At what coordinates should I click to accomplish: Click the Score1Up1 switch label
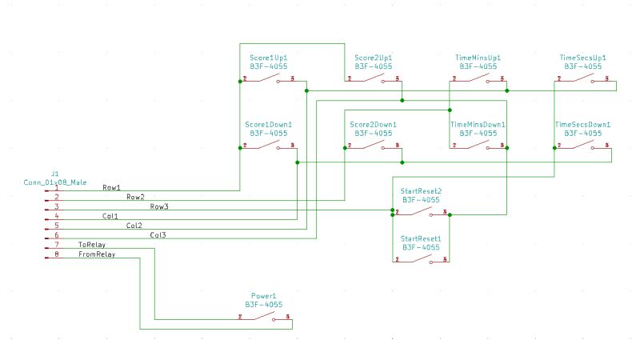[268, 58]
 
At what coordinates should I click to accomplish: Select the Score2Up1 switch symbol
[372, 78]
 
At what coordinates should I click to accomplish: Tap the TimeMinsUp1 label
[478, 58]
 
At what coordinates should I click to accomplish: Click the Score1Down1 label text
[268, 125]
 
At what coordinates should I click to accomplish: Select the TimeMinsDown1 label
[478, 125]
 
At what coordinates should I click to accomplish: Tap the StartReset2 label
[421, 191]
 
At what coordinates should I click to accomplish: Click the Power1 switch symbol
[264, 317]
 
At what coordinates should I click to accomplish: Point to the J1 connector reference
[55, 173]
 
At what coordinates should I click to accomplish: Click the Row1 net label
[111, 188]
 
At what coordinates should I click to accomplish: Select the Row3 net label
[159, 206]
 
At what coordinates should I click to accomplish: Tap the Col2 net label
[135, 226]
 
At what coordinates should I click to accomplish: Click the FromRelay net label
[96, 254]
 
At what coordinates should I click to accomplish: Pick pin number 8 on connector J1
[56, 254]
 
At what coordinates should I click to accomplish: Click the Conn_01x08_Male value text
[55, 182]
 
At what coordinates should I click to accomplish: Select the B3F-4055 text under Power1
[263, 305]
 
